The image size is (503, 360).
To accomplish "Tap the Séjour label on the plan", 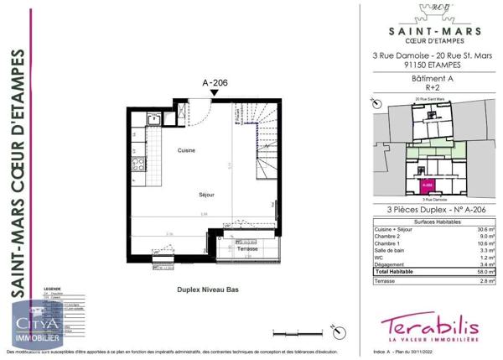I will pyautogui.click(x=207, y=194).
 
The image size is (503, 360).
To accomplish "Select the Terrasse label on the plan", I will pyautogui.click(x=246, y=249).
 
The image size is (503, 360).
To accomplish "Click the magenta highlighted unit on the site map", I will pyautogui.click(x=427, y=184).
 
